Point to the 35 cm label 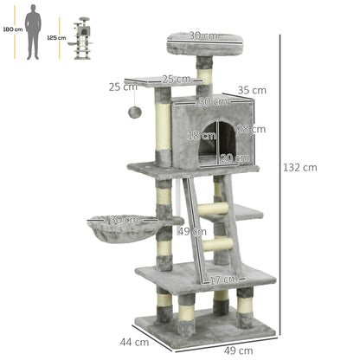pos(252,89)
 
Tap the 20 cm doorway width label pos(235,157)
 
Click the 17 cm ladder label pos(222,280)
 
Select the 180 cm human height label pos(12,29)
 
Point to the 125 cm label pos(56,38)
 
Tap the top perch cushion pos(203,40)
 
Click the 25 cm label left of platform pos(123,87)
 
